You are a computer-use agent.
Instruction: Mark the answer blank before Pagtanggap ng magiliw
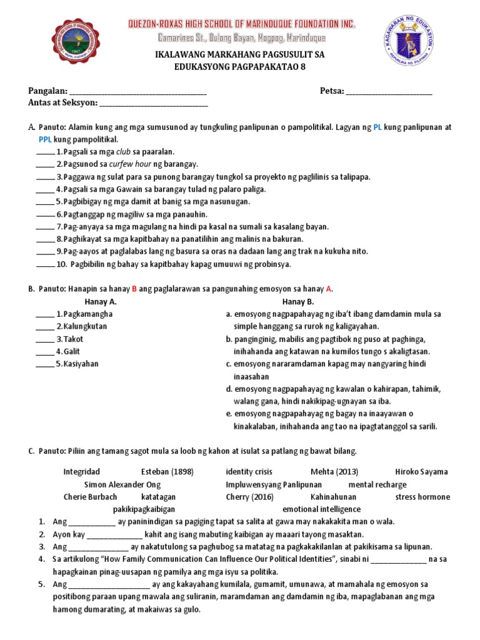(x=45, y=214)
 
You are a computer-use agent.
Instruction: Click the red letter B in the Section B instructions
(x=133, y=289)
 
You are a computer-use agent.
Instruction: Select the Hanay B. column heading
(x=297, y=301)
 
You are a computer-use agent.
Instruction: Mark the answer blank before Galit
(x=45, y=351)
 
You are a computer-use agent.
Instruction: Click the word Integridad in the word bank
(x=81, y=472)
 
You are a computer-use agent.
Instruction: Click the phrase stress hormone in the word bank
(x=422, y=497)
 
